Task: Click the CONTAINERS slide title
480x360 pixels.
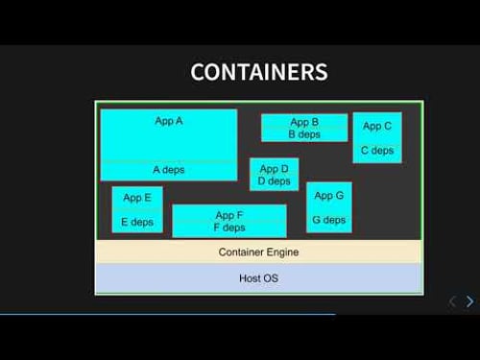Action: click(x=259, y=72)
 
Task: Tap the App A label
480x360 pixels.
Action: click(x=169, y=121)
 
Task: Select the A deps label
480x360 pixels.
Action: click(x=169, y=170)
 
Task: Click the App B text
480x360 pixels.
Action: click(x=304, y=122)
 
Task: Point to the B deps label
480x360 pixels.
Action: click(x=304, y=134)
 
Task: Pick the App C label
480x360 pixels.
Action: click(x=377, y=126)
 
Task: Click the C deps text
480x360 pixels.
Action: click(x=377, y=151)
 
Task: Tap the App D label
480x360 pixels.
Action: click(x=274, y=169)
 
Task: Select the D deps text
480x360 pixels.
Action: click(x=274, y=181)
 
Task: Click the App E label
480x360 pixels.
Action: click(x=137, y=198)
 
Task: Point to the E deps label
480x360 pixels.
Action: click(x=137, y=222)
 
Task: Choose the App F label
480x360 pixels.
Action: click(x=229, y=215)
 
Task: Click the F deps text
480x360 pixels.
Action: click(x=229, y=228)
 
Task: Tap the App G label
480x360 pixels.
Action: click(x=328, y=196)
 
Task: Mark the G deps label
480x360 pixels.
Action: click(x=328, y=220)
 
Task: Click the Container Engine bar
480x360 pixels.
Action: click(x=259, y=252)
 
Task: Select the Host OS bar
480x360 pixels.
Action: click(x=259, y=278)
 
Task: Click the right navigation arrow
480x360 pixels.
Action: click(x=469, y=301)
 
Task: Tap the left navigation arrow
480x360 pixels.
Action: click(x=452, y=301)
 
